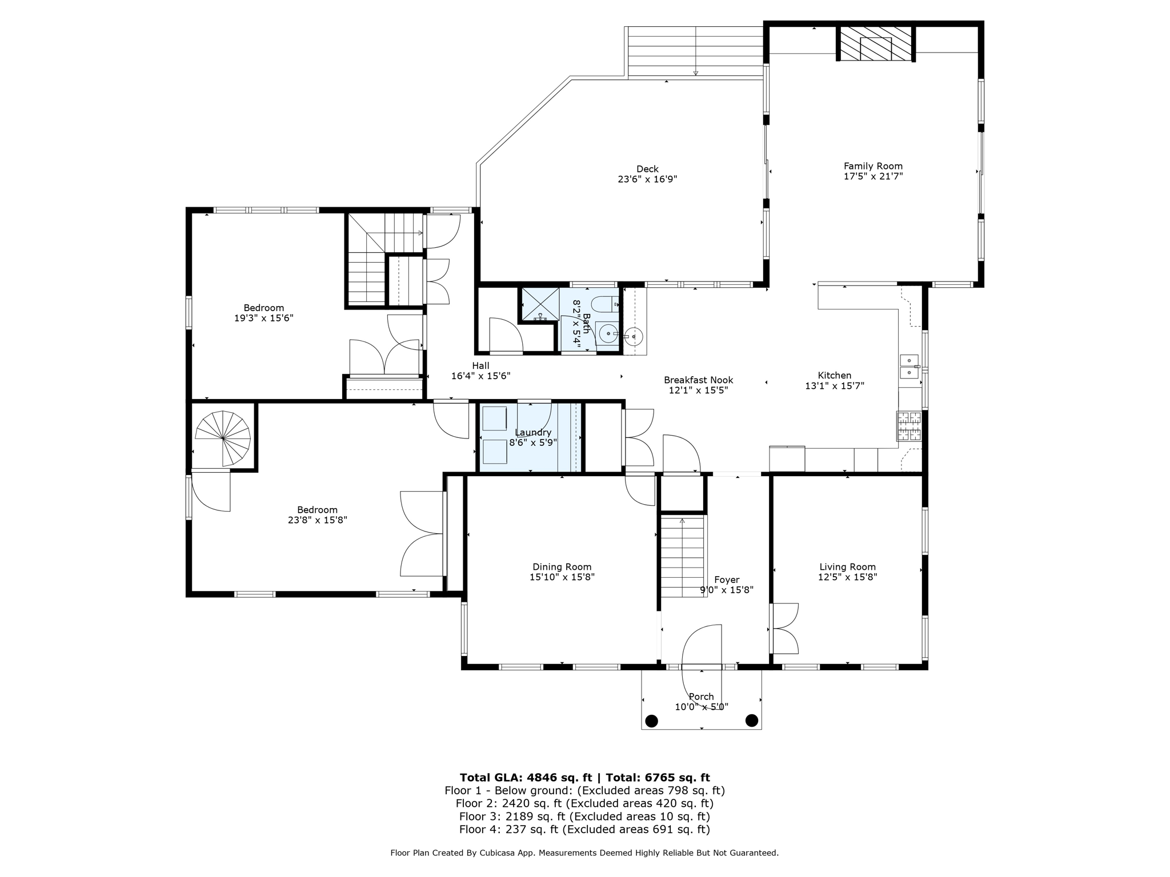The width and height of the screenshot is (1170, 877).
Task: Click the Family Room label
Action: tap(873, 166)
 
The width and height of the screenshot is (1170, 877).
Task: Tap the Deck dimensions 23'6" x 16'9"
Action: tap(647, 179)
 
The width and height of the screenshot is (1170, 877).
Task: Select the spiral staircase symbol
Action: tap(223, 437)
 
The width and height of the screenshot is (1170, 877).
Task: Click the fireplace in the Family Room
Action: tap(876, 43)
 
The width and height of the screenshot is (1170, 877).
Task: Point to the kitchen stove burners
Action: tap(909, 427)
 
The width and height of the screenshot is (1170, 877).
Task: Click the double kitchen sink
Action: tap(909, 367)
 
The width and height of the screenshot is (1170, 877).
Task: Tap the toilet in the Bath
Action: tap(605, 304)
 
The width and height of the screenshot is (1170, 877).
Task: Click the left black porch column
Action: tap(651, 721)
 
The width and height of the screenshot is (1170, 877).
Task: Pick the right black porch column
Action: tap(752, 721)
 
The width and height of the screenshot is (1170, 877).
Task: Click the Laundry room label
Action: tap(532, 432)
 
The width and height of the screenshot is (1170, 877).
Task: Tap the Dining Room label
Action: tap(562, 567)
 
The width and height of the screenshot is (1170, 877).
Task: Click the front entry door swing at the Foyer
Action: tap(702, 645)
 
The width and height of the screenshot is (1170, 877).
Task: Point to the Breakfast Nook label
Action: tap(698, 380)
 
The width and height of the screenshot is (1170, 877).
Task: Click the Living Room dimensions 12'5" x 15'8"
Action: tap(847, 577)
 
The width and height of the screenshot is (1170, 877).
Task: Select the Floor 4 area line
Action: tap(584, 830)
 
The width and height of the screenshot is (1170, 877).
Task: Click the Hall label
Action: tap(480, 366)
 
